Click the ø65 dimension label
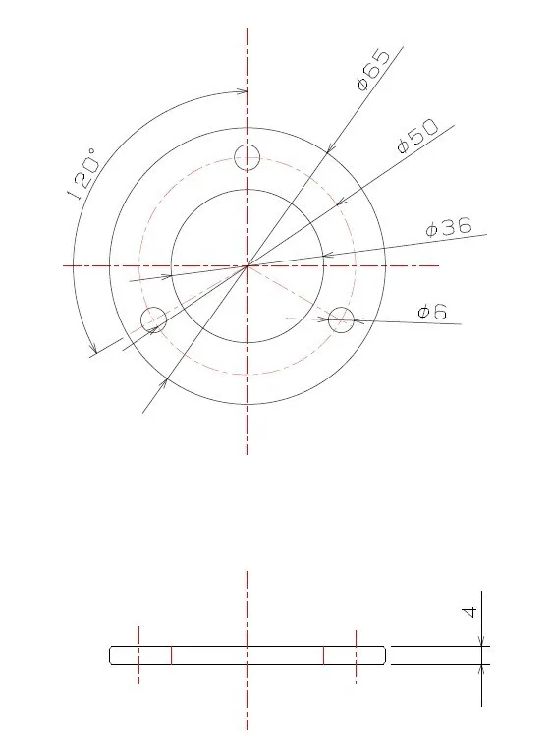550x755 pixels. point(374,70)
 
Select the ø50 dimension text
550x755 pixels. point(417,137)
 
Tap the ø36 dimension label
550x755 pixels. point(449,227)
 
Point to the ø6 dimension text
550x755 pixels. point(432,312)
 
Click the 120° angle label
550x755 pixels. point(84,174)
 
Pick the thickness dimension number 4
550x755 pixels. point(468,612)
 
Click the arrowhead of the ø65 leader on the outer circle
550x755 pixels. point(330,149)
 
